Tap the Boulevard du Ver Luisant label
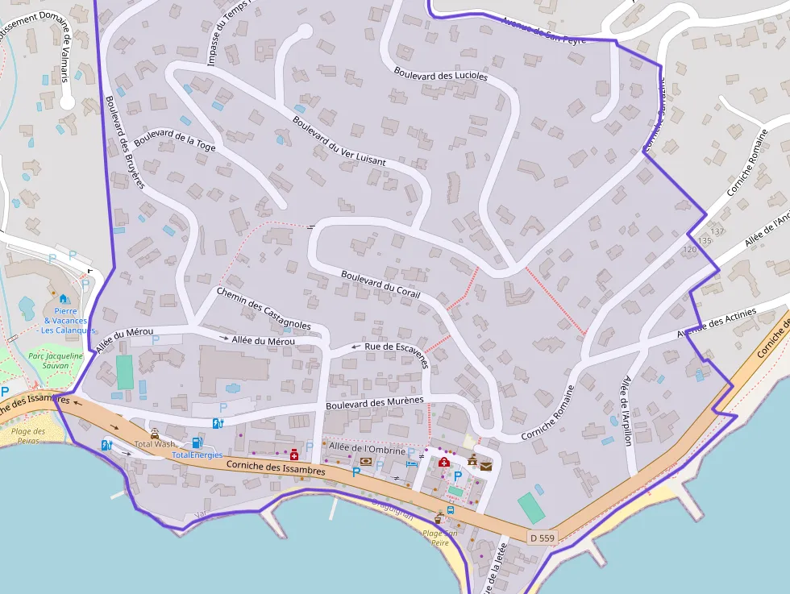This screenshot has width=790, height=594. [339, 141]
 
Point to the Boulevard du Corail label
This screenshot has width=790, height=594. [380, 284]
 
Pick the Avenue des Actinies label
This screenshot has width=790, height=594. [717, 323]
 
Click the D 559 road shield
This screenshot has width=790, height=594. [543, 537]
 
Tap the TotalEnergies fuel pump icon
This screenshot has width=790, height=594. [196, 443]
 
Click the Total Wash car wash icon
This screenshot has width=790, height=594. [155, 434]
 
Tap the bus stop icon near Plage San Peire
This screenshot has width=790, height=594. [450, 510]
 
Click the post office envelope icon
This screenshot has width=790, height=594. [485, 466]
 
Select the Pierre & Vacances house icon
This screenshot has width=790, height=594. [63, 299]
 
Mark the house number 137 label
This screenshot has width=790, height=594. [717, 231]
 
